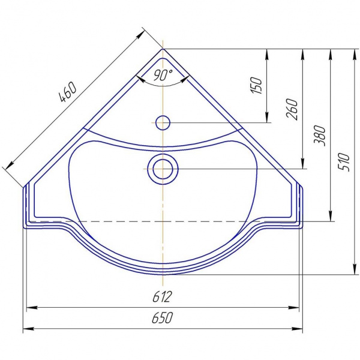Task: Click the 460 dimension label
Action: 68,92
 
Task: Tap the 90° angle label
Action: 163,74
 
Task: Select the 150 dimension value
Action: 256,85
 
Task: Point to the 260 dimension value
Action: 292,109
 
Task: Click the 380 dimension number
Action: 320,136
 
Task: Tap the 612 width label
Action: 162,296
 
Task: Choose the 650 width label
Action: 162,318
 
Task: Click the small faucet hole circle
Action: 163,122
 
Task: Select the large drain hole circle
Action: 163,169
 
